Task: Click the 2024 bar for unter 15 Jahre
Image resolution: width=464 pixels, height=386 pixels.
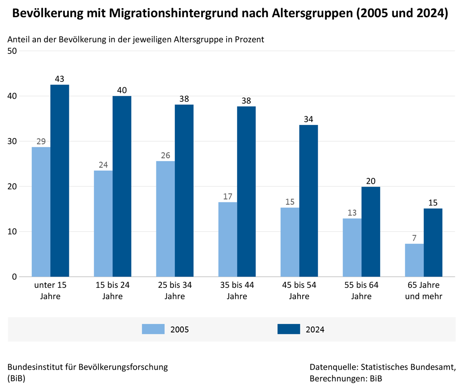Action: (x=59, y=181)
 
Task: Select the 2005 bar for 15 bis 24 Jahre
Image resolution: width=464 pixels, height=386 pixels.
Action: (x=103, y=224)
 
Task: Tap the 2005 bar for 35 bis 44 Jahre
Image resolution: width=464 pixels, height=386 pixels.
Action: (x=227, y=239)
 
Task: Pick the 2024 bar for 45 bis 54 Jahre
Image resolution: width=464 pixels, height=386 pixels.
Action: (x=308, y=201)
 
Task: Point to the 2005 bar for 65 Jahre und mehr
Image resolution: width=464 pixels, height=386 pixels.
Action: (x=414, y=260)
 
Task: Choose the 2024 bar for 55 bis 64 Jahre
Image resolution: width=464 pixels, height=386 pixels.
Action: (x=371, y=232)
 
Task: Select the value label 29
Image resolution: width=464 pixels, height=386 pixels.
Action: (x=41, y=142)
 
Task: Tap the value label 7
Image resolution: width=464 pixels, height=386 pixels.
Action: (x=414, y=238)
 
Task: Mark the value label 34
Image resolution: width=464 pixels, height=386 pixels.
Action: (x=308, y=119)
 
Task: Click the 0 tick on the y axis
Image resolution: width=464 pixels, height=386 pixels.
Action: (x=14, y=277)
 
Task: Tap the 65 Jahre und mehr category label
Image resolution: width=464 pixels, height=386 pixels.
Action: (x=424, y=291)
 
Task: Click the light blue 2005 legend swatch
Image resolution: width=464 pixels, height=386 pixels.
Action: (x=153, y=329)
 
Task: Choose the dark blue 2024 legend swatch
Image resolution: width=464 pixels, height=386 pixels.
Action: (x=289, y=329)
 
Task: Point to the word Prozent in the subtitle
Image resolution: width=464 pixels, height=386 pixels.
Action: (x=248, y=39)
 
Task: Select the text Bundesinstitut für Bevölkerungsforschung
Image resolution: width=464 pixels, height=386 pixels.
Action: (x=88, y=367)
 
